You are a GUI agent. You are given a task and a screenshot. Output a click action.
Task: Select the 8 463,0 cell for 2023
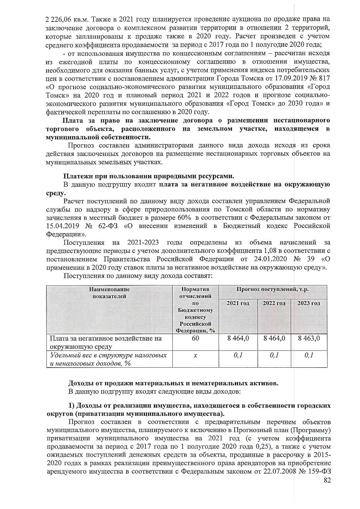309,338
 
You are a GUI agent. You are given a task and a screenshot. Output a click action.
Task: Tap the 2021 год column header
238,303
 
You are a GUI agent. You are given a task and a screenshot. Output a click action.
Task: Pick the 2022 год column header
274,303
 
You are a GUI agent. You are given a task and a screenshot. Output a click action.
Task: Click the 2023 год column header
309,303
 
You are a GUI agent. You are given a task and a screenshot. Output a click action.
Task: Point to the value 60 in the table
195,338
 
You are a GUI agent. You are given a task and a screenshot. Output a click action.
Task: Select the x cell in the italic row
195,355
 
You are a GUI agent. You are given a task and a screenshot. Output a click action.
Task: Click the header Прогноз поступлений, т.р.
272,289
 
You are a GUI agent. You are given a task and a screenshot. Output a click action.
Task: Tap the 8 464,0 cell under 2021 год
238,338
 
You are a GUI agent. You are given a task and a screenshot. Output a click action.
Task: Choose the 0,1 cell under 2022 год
274,355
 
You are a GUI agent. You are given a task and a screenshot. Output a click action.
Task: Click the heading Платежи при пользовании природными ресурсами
149,176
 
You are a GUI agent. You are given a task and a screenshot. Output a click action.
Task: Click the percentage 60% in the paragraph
184,218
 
